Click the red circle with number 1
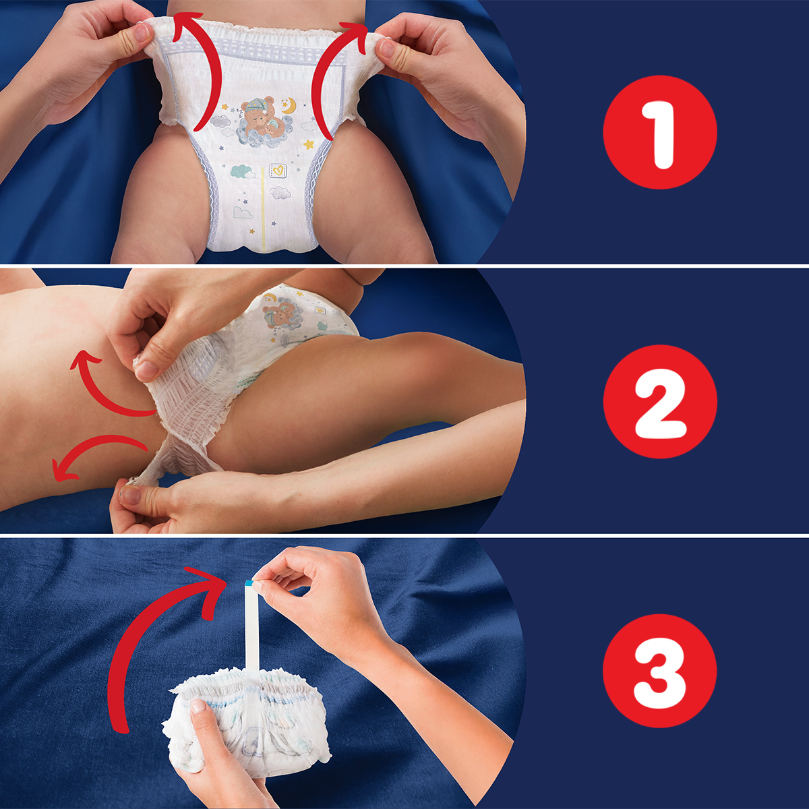(x=659, y=132)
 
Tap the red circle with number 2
(x=659, y=401)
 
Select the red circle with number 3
(x=659, y=670)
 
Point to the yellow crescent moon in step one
(x=289, y=106)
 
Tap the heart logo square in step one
(x=277, y=170)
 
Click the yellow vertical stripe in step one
(x=263, y=209)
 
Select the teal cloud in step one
(x=242, y=171)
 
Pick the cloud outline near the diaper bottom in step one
(x=242, y=212)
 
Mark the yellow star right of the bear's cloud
(x=309, y=144)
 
